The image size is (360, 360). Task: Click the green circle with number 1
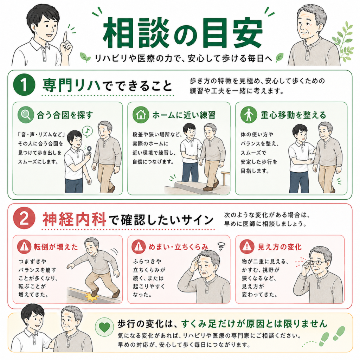(x=24, y=84)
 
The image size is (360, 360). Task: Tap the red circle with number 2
(x=24, y=218)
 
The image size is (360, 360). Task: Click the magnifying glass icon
(x=25, y=115)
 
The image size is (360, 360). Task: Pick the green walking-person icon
(x=249, y=115)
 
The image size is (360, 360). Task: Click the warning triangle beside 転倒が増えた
(x=24, y=246)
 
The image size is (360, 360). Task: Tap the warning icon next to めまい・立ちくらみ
(x=139, y=246)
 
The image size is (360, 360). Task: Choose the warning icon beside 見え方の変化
(x=247, y=246)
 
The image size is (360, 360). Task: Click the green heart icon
(x=104, y=327)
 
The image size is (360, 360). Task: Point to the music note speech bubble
(x=87, y=131)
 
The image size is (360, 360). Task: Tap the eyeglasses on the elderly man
(x=318, y=262)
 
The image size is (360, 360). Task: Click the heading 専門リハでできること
(x=107, y=85)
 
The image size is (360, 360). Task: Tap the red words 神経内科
(x=74, y=219)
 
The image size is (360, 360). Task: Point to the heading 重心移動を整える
(x=293, y=115)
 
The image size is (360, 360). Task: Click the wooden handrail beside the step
(x=225, y=178)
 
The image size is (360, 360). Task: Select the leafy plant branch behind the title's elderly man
(x=343, y=41)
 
